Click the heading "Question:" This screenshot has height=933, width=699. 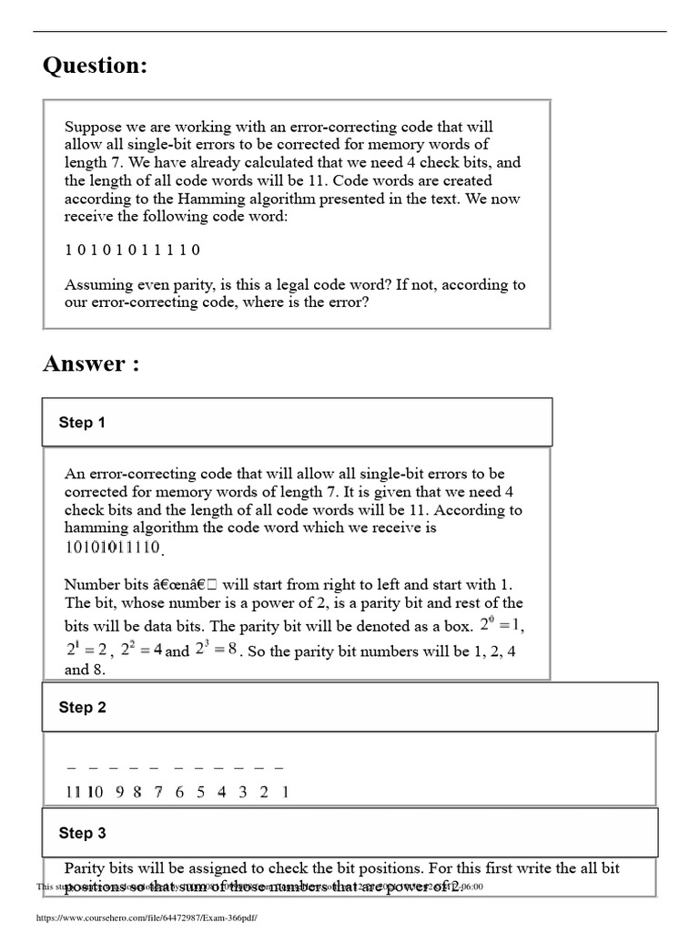click(95, 67)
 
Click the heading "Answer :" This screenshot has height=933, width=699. click(91, 364)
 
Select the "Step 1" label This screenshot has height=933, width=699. click(82, 422)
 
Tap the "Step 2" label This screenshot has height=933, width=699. click(82, 707)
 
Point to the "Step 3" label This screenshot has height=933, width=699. click(82, 833)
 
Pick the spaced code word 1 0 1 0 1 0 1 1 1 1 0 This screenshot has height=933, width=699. click(132, 250)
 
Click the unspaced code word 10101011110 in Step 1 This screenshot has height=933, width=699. click(113, 548)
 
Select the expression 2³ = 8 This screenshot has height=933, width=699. click(216, 651)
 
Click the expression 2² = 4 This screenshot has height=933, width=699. click(140, 651)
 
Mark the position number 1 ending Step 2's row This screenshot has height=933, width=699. click(285, 792)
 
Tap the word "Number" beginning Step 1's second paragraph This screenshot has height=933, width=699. click(92, 584)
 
